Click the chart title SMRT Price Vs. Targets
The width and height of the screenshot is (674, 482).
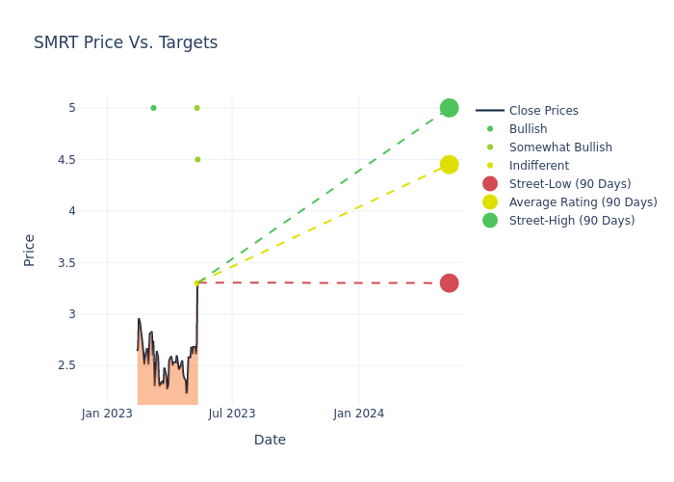125,42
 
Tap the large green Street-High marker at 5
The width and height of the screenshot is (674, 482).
449,108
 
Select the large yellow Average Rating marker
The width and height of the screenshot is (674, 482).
449,165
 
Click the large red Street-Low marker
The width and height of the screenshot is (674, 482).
449,282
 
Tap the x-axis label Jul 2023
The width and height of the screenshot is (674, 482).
232,414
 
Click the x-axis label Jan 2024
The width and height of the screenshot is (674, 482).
358,414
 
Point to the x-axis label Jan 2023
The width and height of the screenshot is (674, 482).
107,414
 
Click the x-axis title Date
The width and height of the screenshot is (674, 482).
270,440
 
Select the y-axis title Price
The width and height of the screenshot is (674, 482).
29,250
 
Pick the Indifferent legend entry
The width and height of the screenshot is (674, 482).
538,166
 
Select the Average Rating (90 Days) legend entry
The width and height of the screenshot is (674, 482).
583,202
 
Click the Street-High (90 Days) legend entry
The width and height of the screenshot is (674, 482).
572,221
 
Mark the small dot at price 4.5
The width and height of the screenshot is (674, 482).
197,159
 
